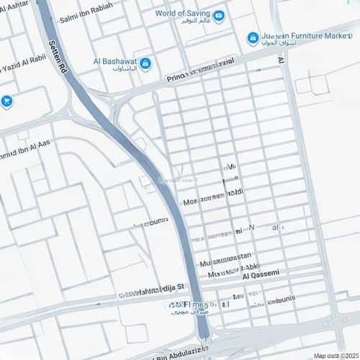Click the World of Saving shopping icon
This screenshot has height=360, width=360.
[218, 15]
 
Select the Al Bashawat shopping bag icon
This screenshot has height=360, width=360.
[145, 64]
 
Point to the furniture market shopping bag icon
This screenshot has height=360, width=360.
[253, 37]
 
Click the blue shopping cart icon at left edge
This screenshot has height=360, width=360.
[7, 102]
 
